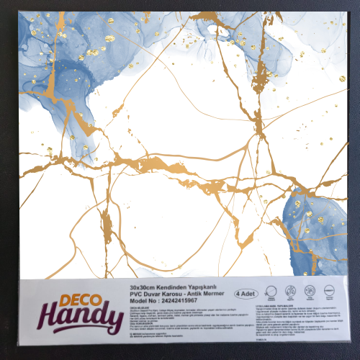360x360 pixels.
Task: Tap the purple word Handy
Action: point(80,317)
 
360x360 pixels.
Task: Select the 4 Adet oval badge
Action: point(246,294)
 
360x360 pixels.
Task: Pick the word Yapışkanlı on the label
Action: point(212,287)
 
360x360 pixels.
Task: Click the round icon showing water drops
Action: point(291,292)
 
